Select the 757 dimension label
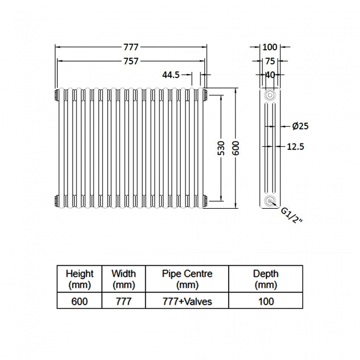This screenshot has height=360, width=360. pyautogui.click(x=130, y=61)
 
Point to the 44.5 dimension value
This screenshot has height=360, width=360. pyautogui.click(x=171, y=75)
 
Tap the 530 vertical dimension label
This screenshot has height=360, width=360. pyautogui.click(x=221, y=148)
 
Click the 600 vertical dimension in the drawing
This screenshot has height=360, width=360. pyautogui.click(x=236, y=148)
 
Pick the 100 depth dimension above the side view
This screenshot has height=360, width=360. pyautogui.click(x=270, y=47)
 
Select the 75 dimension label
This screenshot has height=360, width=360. pyautogui.click(x=270, y=61)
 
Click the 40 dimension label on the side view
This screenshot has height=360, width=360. pyautogui.click(x=270, y=75)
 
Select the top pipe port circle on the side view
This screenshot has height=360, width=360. pyautogui.click(x=270, y=95)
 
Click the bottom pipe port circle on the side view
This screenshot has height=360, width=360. pyautogui.click(x=270, y=201)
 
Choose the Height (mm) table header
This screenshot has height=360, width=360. pyautogui.click(x=80, y=279)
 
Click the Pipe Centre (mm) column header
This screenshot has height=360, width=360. pyautogui.click(x=187, y=279)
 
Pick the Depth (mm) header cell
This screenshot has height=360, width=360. pyautogui.click(x=266, y=279)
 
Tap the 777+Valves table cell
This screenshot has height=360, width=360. pyautogui.click(x=187, y=301)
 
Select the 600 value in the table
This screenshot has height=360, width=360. pyautogui.click(x=80, y=301)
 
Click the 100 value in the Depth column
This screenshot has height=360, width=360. pyautogui.click(x=266, y=301)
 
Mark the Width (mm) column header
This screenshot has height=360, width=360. pyautogui.click(x=124, y=279)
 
